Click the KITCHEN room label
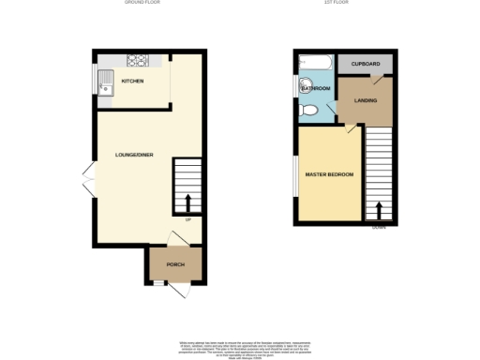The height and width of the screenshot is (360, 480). [x=131, y=82]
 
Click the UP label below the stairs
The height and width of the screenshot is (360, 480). [x=187, y=220]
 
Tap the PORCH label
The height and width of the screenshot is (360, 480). [x=175, y=265]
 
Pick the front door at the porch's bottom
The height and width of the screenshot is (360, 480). [x=177, y=291]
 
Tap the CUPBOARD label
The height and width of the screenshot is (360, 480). [x=366, y=64]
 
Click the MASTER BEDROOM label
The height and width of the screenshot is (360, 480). [x=329, y=174]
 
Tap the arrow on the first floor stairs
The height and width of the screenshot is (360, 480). [x=378, y=209]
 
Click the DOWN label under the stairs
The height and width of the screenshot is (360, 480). [x=378, y=227]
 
